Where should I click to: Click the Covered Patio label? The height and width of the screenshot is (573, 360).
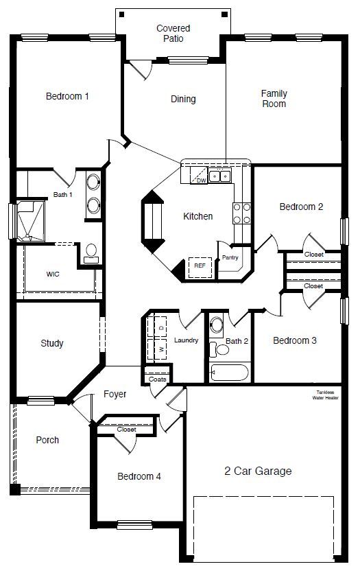[x=173, y=34]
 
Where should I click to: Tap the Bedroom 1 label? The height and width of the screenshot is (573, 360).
[x=67, y=97]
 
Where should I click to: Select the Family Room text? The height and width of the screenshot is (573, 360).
[x=274, y=99]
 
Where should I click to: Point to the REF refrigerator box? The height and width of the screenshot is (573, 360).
[x=200, y=266]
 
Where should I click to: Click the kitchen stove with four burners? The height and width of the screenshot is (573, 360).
[x=241, y=213]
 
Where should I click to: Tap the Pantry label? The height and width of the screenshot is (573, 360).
[x=229, y=258]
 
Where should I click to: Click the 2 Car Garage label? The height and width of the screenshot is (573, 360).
[x=258, y=471]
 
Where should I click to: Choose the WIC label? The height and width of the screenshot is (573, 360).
[x=53, y=274]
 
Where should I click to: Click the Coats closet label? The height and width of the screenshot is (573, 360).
[x=157, y=379]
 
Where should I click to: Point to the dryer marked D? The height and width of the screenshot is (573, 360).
[x=161, y=327]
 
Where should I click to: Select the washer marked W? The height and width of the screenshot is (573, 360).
[x=161, y=349]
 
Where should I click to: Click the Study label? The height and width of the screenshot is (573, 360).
[x=52, y=343]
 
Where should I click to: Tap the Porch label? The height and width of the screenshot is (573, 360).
[x=47, y=441]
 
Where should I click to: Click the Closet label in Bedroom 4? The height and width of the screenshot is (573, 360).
[x=126, y=430]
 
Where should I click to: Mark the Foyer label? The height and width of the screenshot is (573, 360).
[x=115, y=395]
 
